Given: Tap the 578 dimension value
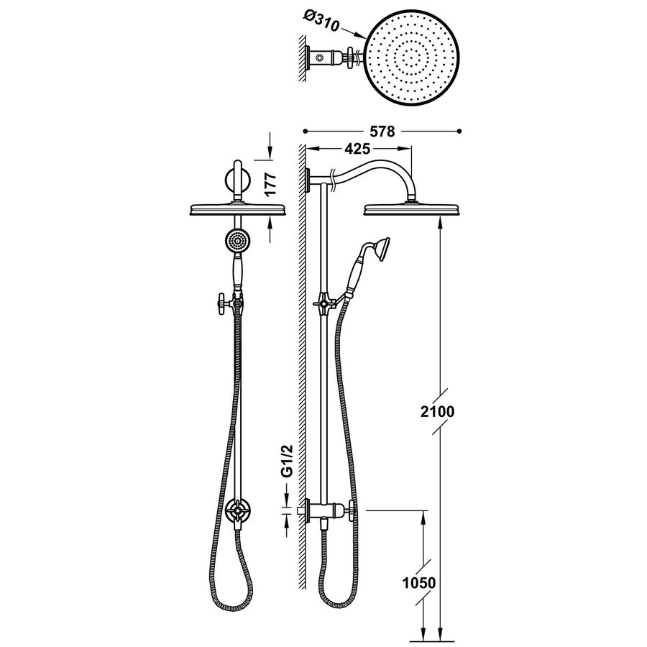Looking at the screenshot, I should pos(382,132).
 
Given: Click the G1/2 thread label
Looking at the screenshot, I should pos(287,460).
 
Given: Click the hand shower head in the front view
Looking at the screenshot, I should pos(234,240).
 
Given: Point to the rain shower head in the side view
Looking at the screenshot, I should pos(409,209).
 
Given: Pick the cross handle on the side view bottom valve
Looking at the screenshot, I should pos(350,513).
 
